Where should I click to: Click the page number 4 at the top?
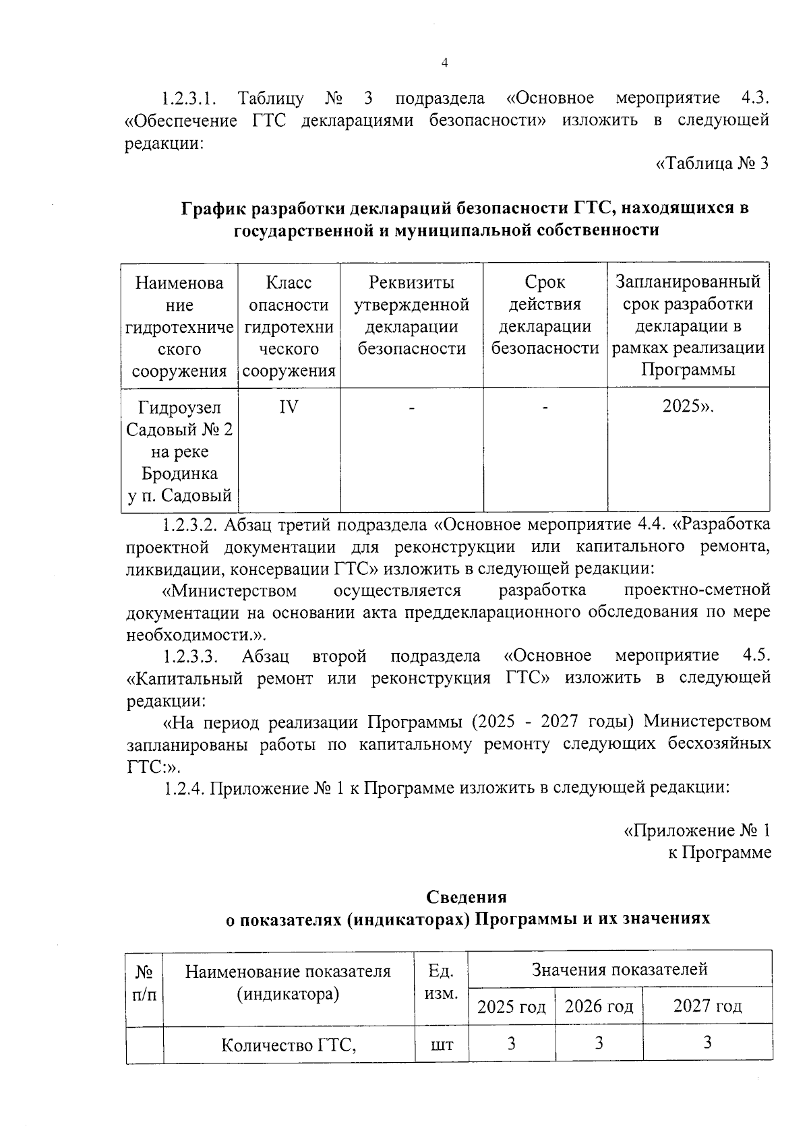[x=444, y=63]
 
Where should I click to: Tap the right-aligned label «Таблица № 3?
[x=712, y=164]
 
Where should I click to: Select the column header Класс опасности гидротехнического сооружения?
[x=289, y=326]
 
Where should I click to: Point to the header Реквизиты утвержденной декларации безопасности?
[x=411, y=315]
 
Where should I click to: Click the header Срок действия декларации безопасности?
[x=545, y=315]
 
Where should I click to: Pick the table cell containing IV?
[x=289, y=408]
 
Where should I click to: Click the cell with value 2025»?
[x=688, y=407]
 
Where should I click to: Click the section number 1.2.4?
[x=184, y=788]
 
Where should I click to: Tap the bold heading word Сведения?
[x=466, y=897]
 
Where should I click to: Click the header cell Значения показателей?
[x=620, y=970]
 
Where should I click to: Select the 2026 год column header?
[x=599, y=1007]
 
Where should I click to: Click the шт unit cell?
[x=442, y=1045]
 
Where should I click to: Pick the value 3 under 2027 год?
[x=707, y=1043]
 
